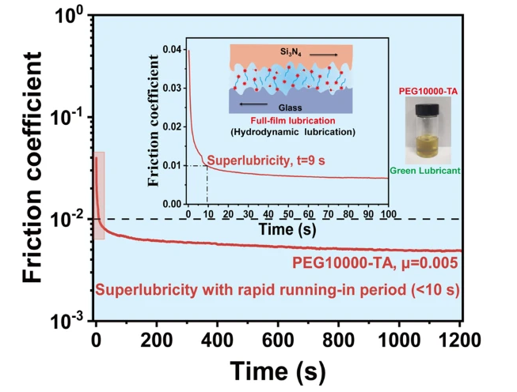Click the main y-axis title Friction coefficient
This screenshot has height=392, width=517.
pyautogui.click(x=33, y=168)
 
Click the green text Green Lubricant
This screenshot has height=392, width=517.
pyautogui.click(x=427, y=169)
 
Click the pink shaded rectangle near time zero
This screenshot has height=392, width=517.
pyautogui.click(x=99, y=195)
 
